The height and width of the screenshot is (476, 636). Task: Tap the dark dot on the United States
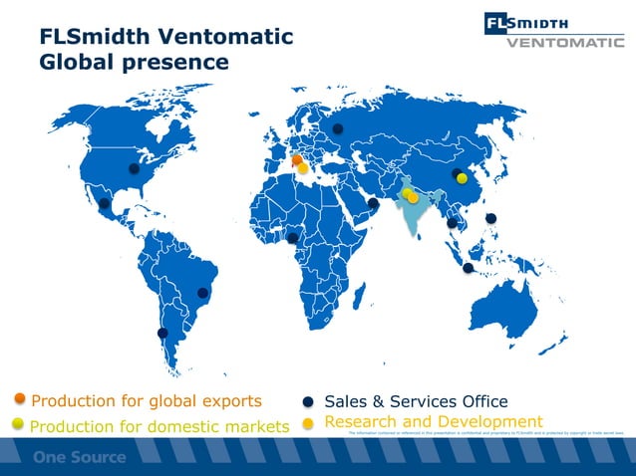tap(134, 169)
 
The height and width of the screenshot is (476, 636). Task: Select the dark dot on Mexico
tap(105, 204)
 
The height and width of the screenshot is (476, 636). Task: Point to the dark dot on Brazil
tap(203, 292)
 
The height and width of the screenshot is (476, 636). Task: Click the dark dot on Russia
tap(337, 127)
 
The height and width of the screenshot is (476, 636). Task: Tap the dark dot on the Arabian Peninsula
tap(372, 204)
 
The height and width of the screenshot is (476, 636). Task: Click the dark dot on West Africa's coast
tap(292, 238)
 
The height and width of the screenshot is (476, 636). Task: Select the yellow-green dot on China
tap(462, 179)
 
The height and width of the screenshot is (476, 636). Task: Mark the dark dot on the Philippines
tap(490, 219)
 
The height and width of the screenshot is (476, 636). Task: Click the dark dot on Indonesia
tap(469, 267)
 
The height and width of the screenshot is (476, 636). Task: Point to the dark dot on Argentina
tap(162, 333)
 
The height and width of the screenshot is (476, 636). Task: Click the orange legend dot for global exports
tap(20, 400)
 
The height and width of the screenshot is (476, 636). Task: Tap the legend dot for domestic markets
tap(18, 425)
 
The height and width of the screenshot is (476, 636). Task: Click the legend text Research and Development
tap(434, 422)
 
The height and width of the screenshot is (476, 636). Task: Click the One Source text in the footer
tap(80, 458)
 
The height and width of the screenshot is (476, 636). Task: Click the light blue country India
tap(410, 214)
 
